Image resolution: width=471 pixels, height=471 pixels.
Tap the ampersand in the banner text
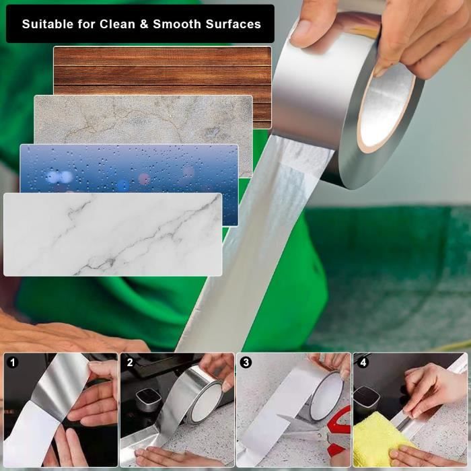pyautogui.click(x=144, y=24)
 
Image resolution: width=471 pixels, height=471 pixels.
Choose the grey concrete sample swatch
pyautogui.click(x=143, y=120)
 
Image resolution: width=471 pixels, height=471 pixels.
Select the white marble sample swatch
pyautogui.click(x=112, y=234)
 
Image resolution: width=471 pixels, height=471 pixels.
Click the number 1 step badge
pyautogui.click(x=13, y=363)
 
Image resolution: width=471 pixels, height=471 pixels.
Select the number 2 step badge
pyautogui.click(x=129, y=363)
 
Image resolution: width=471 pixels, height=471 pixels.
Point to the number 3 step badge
pyautogui.click(x=246, y=363)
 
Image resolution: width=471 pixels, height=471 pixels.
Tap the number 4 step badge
pyautogui.click(x=363, y=363)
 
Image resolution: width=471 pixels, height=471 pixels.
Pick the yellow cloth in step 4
pyautogui.click(x=379, y=439)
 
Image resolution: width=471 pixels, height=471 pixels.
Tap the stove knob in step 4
pyautogui.click(x=367, y=396)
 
